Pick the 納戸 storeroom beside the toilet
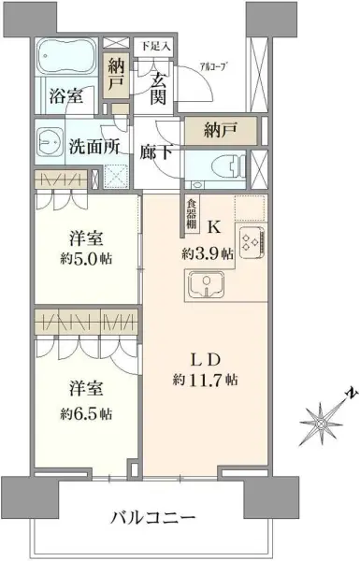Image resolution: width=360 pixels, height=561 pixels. (x=219, y=131)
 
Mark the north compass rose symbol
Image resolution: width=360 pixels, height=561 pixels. (x=320, y=424)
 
